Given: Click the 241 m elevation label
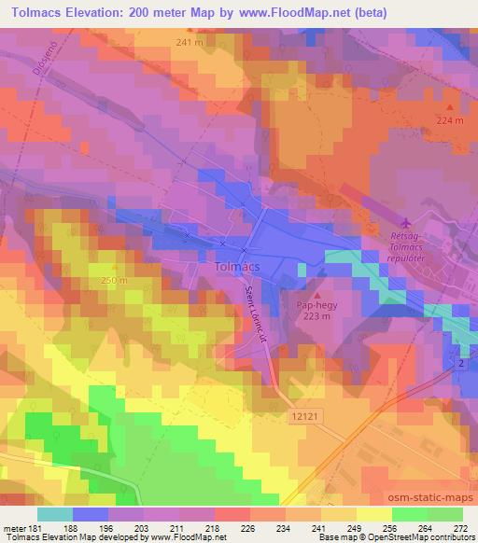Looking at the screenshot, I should pyautogui.click(x=189, y=43).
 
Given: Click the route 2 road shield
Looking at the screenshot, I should pyautogui.click(x=461, y=362).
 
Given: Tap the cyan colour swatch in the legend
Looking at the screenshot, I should pyautogui.click(x=54, y=513).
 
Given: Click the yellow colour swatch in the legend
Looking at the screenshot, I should pyautogui.click(x=373, y=513).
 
